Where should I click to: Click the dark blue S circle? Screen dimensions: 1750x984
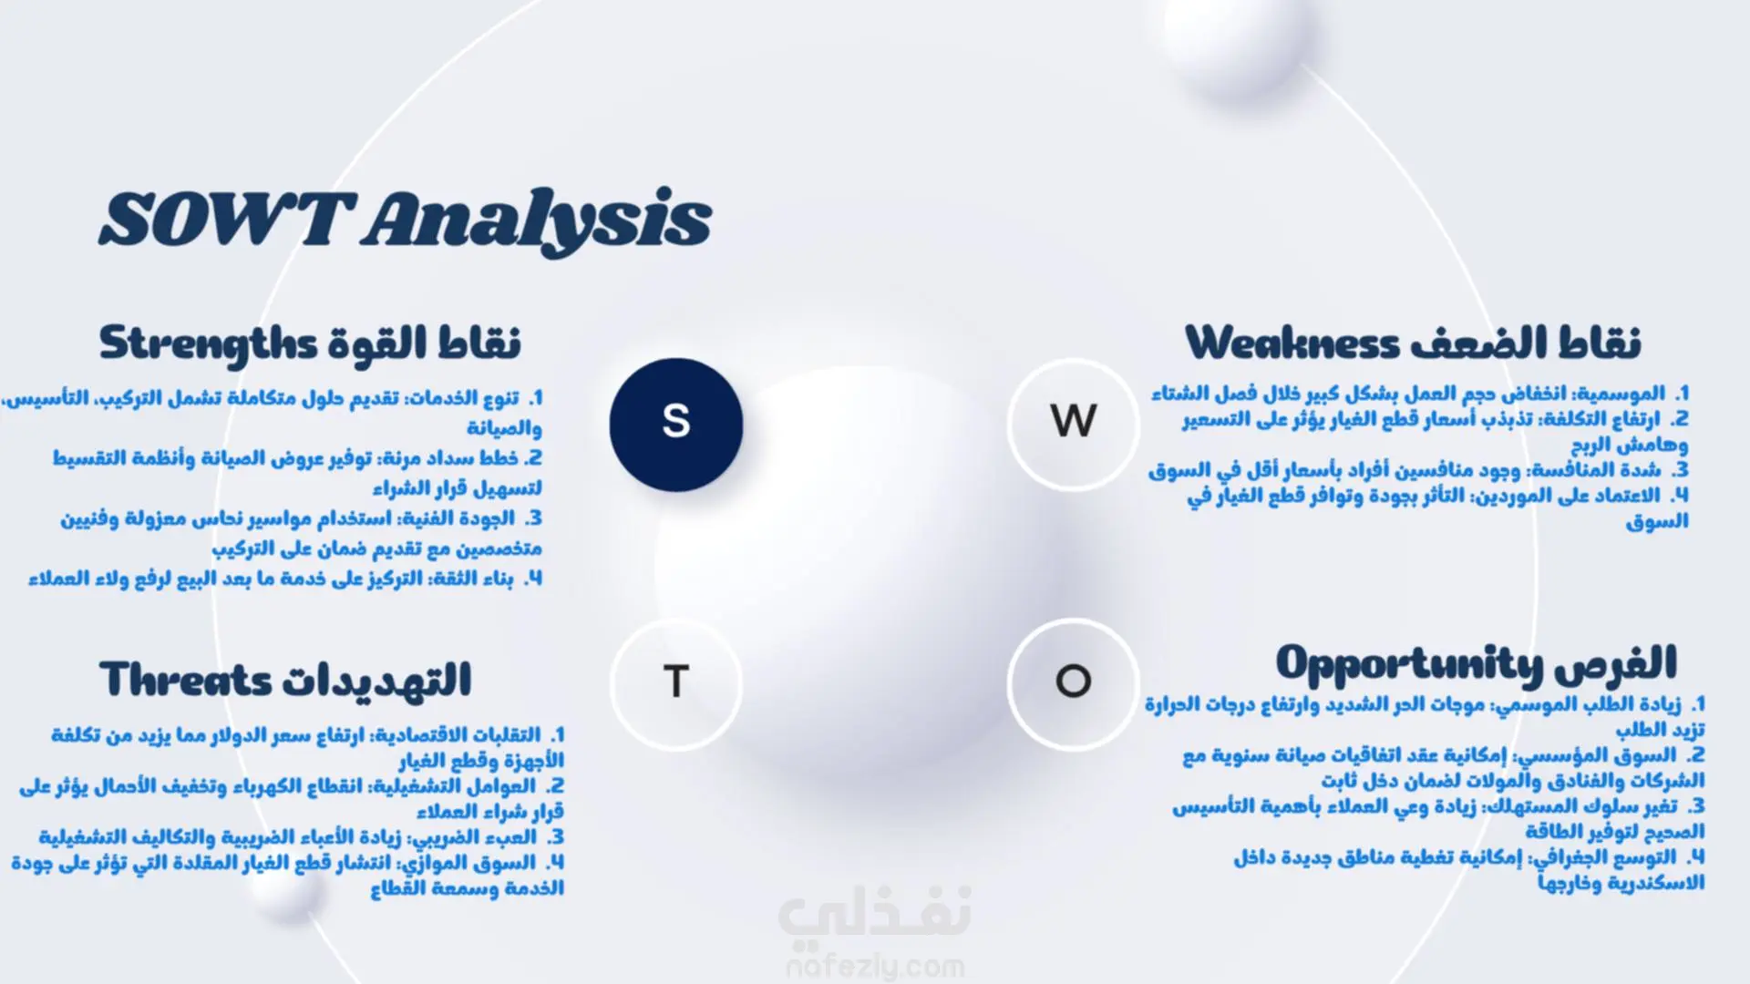(x=675, y=425)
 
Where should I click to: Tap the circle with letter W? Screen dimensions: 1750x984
(x=1074, y=424)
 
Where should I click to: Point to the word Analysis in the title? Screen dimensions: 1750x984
(x=538, y=220)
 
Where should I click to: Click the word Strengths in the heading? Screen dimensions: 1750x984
(x=208, y=344)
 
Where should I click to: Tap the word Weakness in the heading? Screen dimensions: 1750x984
(x=1292, y=343)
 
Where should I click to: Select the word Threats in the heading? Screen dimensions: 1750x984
(x=186, y=680)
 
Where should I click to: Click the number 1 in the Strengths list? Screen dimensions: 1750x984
(x=536, y=398)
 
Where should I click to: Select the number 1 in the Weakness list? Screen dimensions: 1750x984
(x=1682, y=394)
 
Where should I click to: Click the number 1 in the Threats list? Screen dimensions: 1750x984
(x=558, y=734)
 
